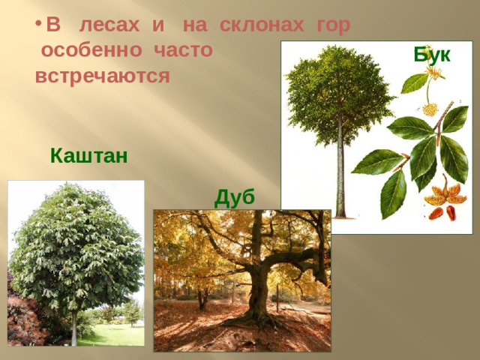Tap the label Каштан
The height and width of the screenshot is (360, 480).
click(x=88, y=156)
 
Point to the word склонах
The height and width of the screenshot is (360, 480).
click(x=260, y=25)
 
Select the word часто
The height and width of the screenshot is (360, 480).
click(x=184, y=51)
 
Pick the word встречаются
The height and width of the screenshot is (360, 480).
click(x=103, y=76)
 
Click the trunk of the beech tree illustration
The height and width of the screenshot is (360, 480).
click(x=340, y=172)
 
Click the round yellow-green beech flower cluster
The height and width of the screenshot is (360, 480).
click(x=430, y=109)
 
